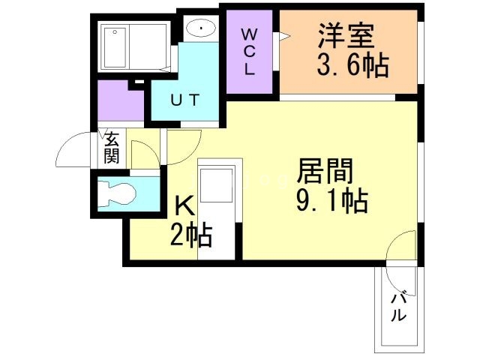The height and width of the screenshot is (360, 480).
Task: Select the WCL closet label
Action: click(249, 51)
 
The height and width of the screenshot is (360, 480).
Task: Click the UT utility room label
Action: click(184, 100)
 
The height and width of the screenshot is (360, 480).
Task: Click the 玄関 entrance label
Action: click(111, 147)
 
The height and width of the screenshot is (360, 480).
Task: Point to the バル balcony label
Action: click(400, 306)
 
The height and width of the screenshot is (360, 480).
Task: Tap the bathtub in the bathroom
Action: click(134, 46)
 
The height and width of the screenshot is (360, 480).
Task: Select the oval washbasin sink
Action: click(200, 29)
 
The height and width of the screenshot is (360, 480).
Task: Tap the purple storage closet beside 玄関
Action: click(119, 103)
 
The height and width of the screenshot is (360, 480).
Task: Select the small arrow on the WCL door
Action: click(283, 36)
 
